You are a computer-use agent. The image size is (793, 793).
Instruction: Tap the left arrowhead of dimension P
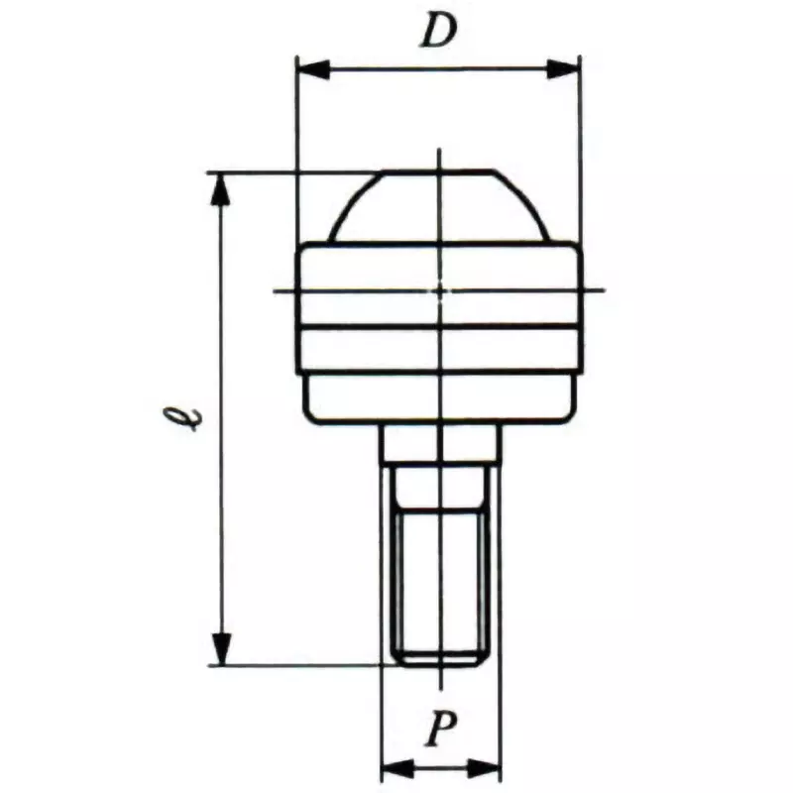(396, 766)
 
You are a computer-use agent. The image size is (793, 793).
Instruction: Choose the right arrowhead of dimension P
(487, 766)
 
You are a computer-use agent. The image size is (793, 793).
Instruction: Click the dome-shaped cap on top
(439, 208)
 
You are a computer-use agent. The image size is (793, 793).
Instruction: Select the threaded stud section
(440, 575)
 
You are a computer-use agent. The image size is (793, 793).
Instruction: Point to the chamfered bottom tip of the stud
(440, 657)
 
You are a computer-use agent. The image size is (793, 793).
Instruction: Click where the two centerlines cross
(440, 290)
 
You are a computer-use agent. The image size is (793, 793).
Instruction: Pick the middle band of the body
(439, 347)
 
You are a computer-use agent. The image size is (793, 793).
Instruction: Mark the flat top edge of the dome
(439, 171)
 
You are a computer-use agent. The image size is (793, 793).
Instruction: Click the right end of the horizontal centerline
(603, 290)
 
